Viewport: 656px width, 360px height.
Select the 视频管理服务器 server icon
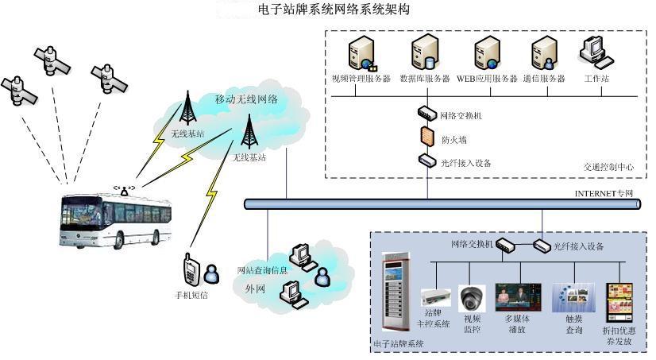pos(360,54)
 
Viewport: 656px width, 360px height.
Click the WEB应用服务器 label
pos(487,79)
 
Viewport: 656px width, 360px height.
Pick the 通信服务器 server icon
pos(544,54)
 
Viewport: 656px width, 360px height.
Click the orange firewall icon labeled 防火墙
pos(426,137)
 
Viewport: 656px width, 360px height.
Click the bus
pos(117,217)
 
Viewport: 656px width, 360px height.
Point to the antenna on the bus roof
pos(124,189)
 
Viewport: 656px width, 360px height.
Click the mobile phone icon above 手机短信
pos(191,270)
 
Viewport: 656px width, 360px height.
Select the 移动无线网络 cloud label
pos(246,99)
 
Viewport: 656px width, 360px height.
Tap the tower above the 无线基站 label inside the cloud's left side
pos(189,106)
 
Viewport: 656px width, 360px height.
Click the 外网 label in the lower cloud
pos(255,288)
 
